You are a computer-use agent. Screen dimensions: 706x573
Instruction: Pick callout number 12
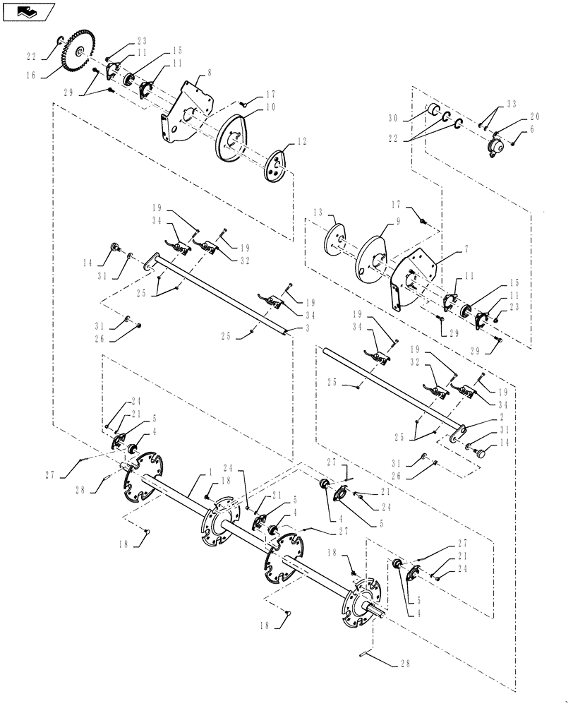click(x=301, y=142)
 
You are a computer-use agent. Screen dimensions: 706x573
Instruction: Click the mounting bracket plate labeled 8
click(x=185, y=113)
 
